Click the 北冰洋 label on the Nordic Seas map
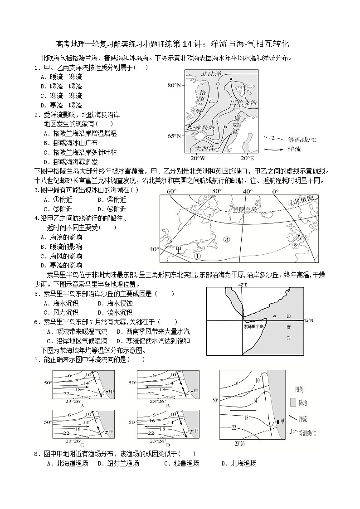pyautogui.click(x=211, y=73)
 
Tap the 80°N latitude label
pyautogui.click(x=174, y=85)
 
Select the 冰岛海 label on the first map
pyautogui.click(x=204, y=128)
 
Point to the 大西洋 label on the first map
pyautogui.click(x=204, y=148)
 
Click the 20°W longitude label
pyautogui.click(x=197, y=158)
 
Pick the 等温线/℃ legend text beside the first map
pyautogui.click(x=302, y=140)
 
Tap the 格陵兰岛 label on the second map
pyautogui.click(x=244, y=209)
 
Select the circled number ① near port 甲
pyautogui.click(x=197, y=256)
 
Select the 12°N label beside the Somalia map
pyautogui.click(x=309, y=320)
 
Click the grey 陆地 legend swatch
pyautogui.click(x=293, y=402)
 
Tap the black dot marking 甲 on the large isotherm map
pyautogui.click(x=277, y=422)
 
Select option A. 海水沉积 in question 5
pyautogui.click(x=63, y=303)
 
